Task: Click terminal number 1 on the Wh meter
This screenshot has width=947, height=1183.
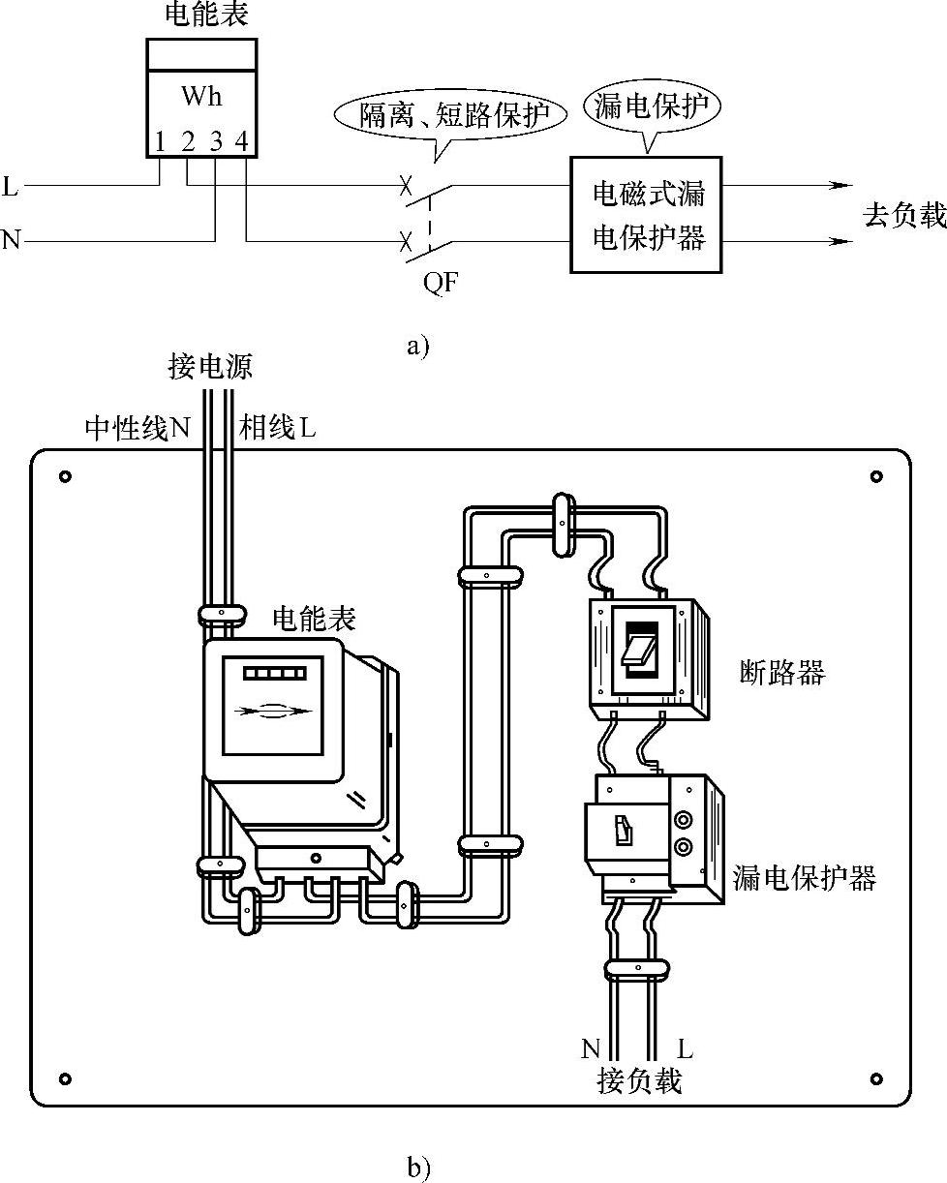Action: [x=160, y=142]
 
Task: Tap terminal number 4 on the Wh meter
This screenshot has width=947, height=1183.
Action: [x=242, y=142]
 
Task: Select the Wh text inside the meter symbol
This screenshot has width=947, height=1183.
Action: [x=201, y=97]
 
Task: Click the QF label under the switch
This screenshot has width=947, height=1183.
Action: [x=441, y=284]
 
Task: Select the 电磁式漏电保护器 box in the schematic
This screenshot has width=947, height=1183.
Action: [x=646, y=215]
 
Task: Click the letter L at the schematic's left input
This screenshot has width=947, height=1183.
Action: [x=11, y=186]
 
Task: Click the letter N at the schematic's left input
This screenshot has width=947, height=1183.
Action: [x=11, y=239]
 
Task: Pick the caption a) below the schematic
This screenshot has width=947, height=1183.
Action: [x=418, y=346]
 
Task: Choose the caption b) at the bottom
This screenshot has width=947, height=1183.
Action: [x=418, y=1168]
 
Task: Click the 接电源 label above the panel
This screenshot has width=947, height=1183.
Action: [x=210, y=368]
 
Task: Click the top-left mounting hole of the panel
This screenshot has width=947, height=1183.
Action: [x=65, y=476]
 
